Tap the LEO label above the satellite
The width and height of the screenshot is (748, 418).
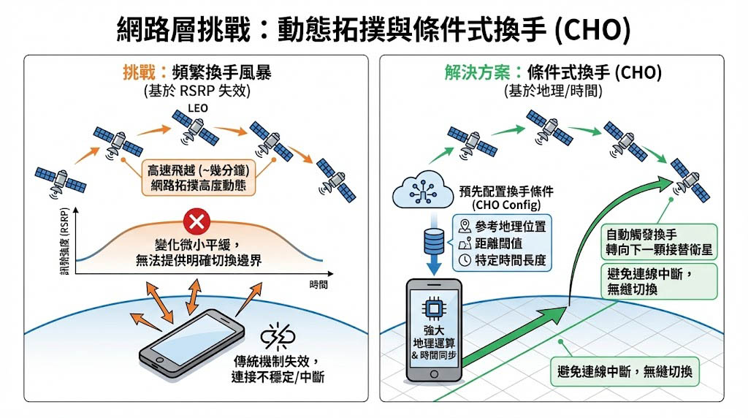click(x=198, y=108)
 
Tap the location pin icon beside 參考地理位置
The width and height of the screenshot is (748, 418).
click(x=465, y=225)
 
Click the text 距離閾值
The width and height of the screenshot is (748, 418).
click(x=500, y=243)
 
